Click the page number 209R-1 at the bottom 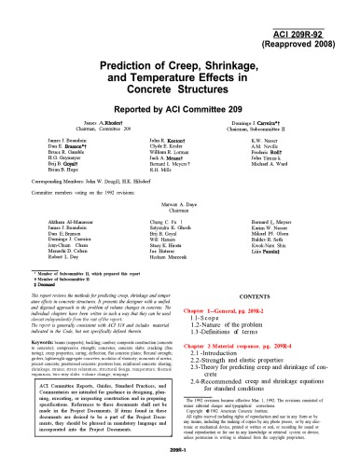[x=179, y=446]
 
